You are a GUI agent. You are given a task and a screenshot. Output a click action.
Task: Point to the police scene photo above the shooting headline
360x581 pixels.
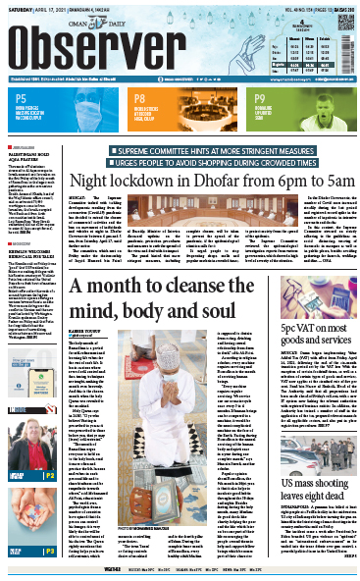(x=314, y=411)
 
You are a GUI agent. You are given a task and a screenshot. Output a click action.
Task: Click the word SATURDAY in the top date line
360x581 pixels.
(x=22, y=11)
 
